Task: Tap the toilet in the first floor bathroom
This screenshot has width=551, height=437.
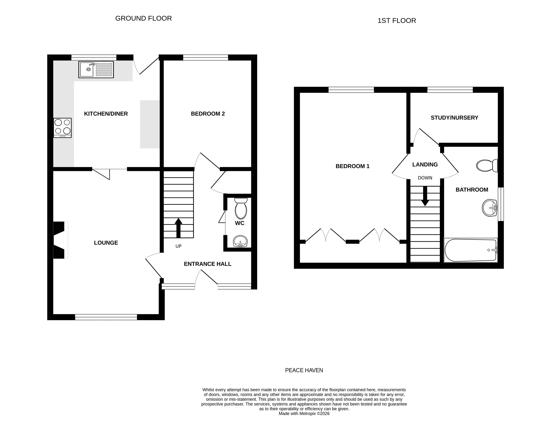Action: tap(487, 166)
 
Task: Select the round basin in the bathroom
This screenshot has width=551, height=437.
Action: tap(489, 208)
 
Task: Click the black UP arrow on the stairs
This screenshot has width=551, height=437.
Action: tap(178, 228)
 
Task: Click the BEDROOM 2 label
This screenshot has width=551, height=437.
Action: tap(208, 114)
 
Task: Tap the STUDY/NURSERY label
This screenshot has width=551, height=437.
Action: tap(454, 118)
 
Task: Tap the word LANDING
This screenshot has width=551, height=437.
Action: tap(425, 165)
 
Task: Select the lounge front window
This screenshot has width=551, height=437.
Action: tap(106, 317)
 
